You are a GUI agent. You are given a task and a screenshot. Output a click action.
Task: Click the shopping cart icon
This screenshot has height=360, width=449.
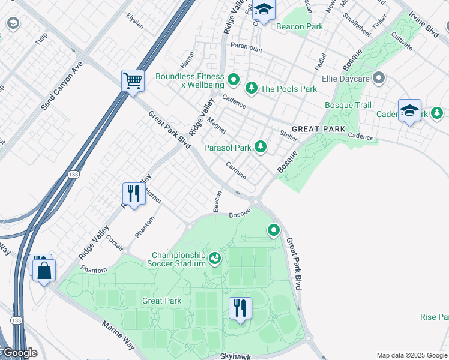coord(133,80)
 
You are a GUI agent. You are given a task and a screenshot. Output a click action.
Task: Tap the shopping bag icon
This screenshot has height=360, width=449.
coord(45,269)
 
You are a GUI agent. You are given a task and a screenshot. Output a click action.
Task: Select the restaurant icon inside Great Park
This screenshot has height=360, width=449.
coord(240,308)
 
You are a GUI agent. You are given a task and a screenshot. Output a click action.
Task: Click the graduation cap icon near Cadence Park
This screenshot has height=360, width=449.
coord(409,110)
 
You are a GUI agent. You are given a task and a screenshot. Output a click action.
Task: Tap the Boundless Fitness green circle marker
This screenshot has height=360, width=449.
coord(234,79)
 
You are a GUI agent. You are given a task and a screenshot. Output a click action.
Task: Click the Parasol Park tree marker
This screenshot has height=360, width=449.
coord(260,146)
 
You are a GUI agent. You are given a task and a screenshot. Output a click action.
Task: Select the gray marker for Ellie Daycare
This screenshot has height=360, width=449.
coord(378,78)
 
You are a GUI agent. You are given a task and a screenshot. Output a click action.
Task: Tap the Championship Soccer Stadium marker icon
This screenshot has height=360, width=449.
coord(215,259)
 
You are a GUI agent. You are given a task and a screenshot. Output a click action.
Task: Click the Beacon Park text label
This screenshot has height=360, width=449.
coord(300,26)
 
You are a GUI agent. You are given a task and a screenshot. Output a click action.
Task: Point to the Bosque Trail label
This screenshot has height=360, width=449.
coord(348,105)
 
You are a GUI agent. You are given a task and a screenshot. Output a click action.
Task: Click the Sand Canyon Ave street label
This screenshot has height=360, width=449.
coord(61,85)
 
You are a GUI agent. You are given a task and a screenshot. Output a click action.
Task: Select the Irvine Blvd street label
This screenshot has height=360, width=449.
coord(424,25)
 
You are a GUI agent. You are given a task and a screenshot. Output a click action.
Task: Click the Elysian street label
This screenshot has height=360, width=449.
coord(135,22)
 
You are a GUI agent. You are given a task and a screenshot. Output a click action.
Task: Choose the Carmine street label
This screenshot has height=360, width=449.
coord(236,170)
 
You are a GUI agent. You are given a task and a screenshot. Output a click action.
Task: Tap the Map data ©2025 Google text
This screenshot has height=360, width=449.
coord(412,355)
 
